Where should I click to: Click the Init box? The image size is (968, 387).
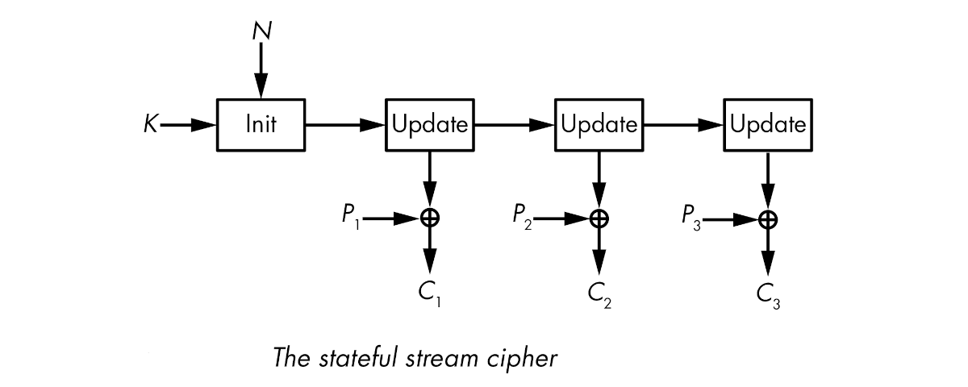click(261, 125)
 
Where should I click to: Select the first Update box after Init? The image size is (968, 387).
click(430, 125)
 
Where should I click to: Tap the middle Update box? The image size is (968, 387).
click(599, 125)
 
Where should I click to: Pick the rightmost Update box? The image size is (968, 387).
click(767, 125)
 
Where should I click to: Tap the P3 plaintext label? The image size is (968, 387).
click(691, 218)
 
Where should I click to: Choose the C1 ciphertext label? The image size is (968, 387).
click(430, 295)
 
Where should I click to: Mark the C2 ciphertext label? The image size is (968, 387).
click(599, 295)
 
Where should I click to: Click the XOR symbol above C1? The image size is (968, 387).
click(430, 218)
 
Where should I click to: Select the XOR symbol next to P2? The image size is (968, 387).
click(599, 218)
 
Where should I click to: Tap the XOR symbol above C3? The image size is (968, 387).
click(768, 218)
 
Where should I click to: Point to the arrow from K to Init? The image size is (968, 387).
click(190, 125)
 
